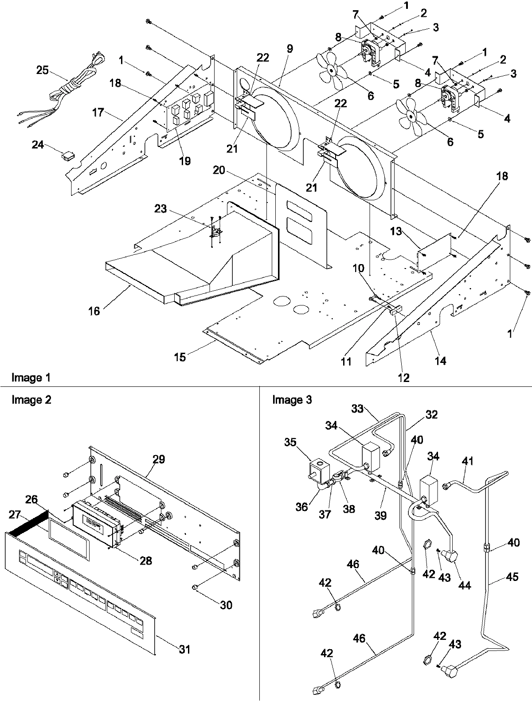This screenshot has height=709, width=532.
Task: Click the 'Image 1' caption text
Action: pyautogui.click(x=31, y=378)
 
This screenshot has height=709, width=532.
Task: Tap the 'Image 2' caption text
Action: pyautogui.click(x=31, y=400)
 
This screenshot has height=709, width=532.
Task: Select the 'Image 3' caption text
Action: pyautogui.click(x=292, y=400)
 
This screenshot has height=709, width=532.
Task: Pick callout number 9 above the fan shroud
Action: pyautogui.click(x=289, y=49)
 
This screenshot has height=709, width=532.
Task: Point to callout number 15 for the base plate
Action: pyautogui.click(x=180, y=357)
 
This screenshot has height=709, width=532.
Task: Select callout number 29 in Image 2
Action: pyautogui.click(x=159, y=459)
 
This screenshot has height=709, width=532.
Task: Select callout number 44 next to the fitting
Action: pyautogui.click(x=465, y=586)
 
